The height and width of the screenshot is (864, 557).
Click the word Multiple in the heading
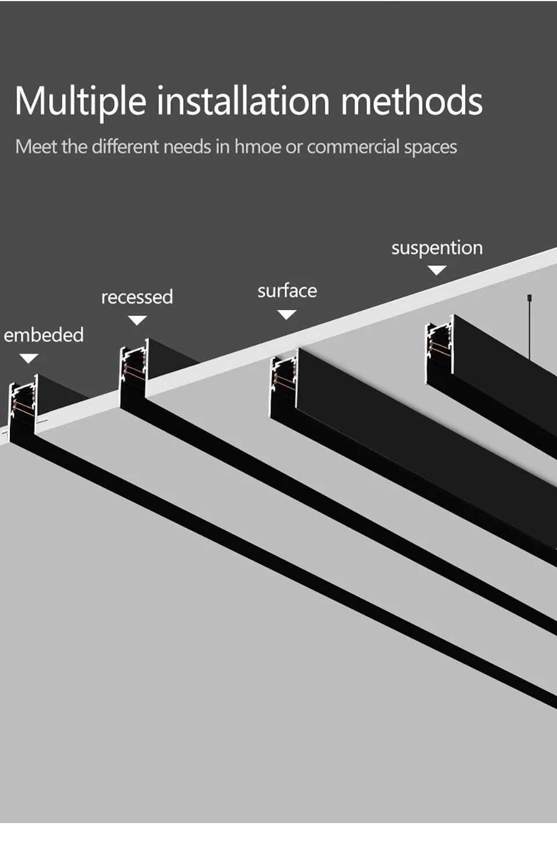[x=81, y=102]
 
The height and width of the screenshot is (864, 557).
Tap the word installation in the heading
[x=244, y=100]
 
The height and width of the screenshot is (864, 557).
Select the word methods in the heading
[x=411, y=100]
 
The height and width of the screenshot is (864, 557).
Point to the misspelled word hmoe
[x=258, y=147]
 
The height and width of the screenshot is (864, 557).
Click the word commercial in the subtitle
[x=353, y=147]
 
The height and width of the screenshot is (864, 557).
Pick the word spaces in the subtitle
[x=431, y=147]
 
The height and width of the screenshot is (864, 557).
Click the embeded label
[x=44, y=335]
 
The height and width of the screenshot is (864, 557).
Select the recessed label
[x=137, y=297]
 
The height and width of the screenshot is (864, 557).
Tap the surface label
[x=287, y=290]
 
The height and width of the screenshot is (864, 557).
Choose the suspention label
[x=437, y=248]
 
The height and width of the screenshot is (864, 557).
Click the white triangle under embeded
[x=28, y=358]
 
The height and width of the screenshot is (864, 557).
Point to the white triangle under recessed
[x=138, y=321]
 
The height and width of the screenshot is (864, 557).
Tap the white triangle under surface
[x=287, y=315]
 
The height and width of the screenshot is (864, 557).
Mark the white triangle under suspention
[x=437, y=270]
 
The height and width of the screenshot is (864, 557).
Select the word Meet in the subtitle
[x=37, y=146]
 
